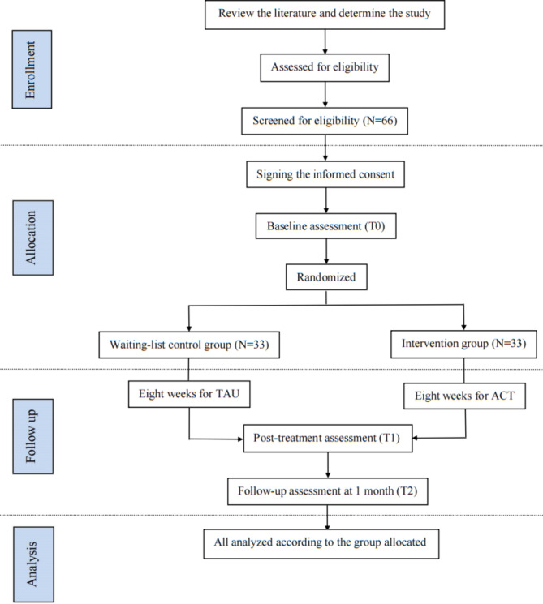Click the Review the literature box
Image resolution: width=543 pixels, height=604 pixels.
325,14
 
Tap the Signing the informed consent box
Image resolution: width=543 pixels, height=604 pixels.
325,174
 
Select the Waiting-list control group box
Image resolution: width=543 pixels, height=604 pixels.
187,345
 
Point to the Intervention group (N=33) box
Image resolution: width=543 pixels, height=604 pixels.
463,345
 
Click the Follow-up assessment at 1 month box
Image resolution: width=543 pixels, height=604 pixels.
325,491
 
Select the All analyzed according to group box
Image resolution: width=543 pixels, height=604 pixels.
325,543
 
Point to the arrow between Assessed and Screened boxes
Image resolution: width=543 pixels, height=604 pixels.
325,94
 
